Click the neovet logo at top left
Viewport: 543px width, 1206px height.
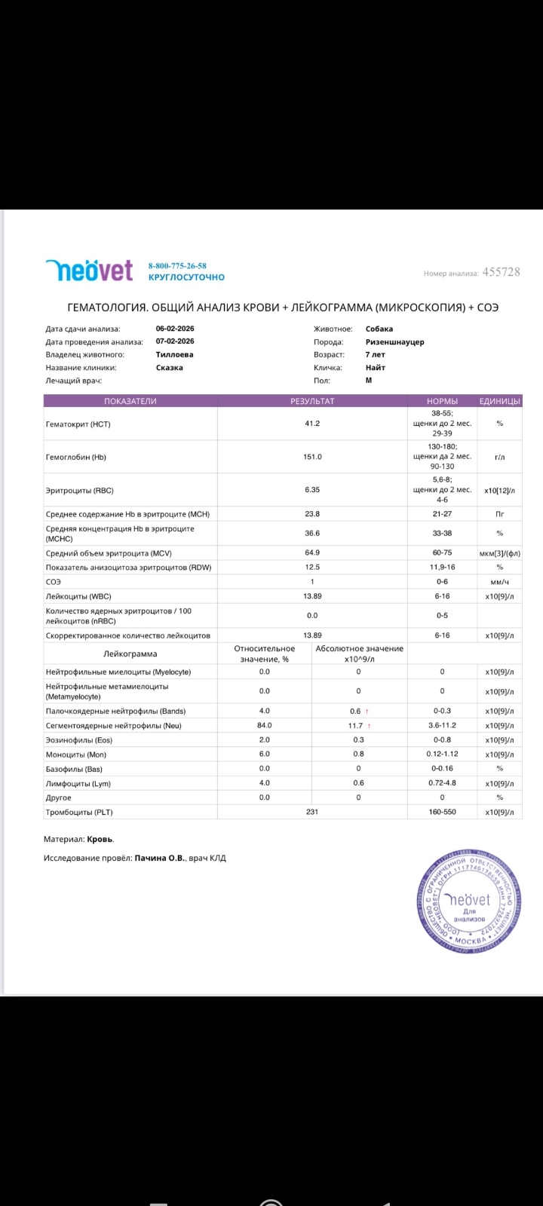88,270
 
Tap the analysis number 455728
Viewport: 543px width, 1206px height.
502,272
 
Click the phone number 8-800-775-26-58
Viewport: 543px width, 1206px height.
177,265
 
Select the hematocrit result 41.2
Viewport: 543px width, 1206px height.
312,424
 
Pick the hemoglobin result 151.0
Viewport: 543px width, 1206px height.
312,457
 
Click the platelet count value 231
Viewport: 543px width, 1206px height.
312,812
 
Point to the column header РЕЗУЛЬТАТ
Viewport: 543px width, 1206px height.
312,401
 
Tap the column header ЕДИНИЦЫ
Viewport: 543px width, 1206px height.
499,401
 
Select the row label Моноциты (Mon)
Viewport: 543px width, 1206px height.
76,755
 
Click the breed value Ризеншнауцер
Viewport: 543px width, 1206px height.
394,341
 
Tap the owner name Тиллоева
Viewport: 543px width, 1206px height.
174,354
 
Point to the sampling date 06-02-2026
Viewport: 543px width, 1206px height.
175,329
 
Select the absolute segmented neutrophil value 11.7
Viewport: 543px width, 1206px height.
354,726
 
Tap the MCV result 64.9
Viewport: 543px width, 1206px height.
312,553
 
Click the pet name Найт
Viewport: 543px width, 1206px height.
376,368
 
